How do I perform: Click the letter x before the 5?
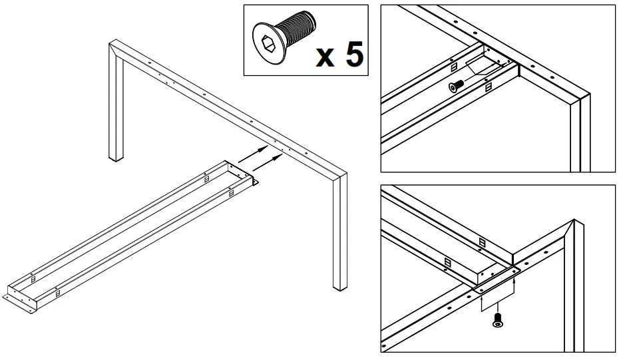pos(325,57)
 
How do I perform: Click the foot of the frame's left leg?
pos(116,158)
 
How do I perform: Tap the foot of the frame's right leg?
pos(340,286)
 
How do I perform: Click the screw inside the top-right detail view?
pos(457,85)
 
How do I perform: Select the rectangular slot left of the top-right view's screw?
pos(453,67)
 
